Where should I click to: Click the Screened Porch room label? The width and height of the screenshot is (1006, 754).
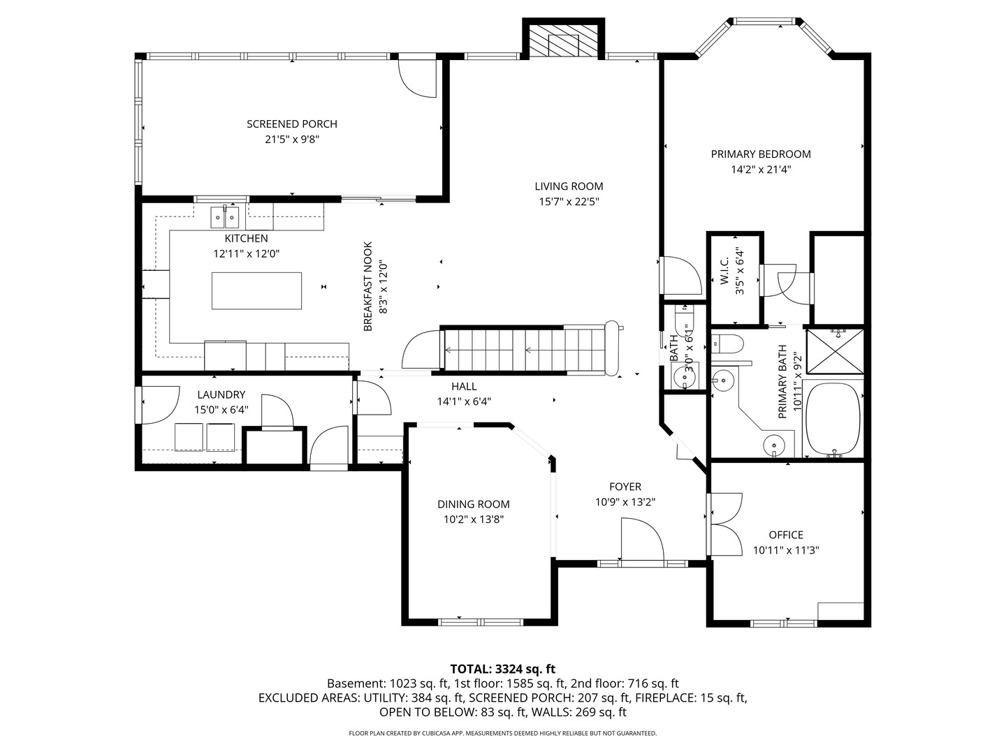pyautogui.click(x=292, y=124)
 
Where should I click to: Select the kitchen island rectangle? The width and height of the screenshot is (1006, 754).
pyautogui.click(x=257, y=290)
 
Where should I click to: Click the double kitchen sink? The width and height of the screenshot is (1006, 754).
pyautogui.click(x=225, y=218)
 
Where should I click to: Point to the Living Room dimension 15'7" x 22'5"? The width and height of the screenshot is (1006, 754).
pyautogui.click(x=569, y=202)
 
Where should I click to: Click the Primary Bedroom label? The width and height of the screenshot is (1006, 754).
pyautogui.click(x=761, y=154)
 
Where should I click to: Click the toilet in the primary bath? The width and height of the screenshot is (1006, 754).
pyautogui.click(x=728, y=343)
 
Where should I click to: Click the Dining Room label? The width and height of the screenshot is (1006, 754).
pyautogui.click(x=474, y=504)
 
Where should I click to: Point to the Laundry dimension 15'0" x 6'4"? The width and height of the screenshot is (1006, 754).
pyautogui.click(x=221, y=410)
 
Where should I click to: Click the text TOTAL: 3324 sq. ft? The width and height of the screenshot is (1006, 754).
pyautogui.click(x=502, y=669)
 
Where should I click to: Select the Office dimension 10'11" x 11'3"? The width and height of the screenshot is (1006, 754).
pyautogui.click(x=786, y=550)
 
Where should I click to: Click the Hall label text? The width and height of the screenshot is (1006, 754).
pyautogui.click(x=464, y=386)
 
